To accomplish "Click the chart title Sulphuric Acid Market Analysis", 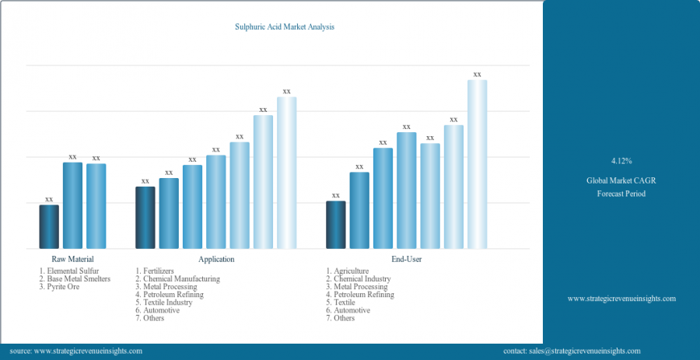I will point(285,26).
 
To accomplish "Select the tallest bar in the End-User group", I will point(477,164).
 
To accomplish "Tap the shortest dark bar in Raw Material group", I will point(49,226).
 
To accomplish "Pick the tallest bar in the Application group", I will point(286,173).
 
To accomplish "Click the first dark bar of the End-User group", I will point(335,225).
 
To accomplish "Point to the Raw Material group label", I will point(72,259).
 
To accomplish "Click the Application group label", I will point(216,259).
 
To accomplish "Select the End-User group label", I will point(407,259).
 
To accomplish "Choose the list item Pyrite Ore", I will point(62,287).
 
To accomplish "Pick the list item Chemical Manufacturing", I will point(181,278).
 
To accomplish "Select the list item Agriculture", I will point(351,271).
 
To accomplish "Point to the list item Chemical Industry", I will point(362,278).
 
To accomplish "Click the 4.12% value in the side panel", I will point(621,161).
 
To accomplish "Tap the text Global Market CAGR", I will point(621,180).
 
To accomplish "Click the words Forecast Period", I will point(621,194).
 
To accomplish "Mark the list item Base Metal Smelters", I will point(79,278).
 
